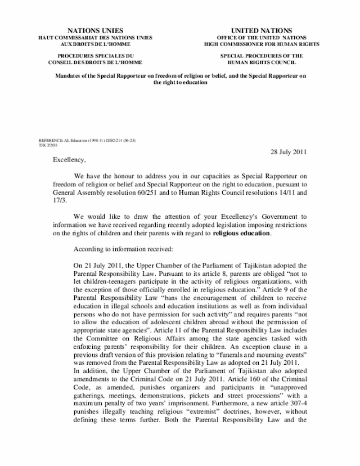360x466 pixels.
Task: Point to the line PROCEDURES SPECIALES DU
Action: click(x=97, y=56)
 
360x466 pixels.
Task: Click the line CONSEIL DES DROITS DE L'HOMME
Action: click(x=97, y=62)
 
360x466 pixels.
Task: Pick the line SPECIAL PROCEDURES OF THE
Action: click(x=262, y=56)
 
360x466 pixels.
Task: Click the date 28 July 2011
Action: click(x=285, y=153)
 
